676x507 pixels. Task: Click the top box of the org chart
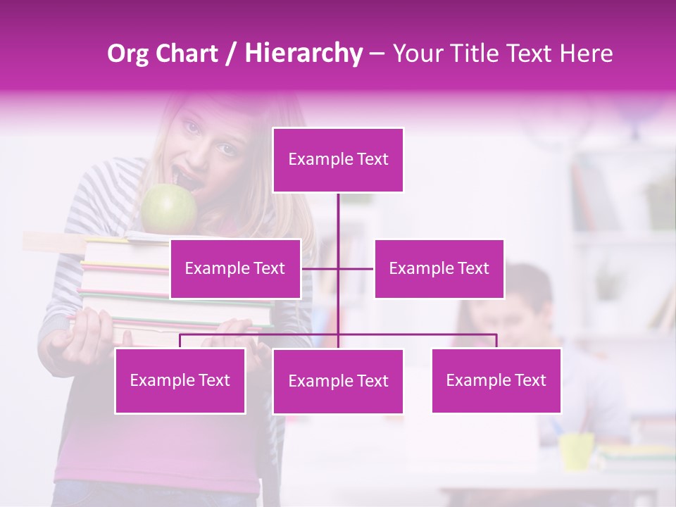point(338,160)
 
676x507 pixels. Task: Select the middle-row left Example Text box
point(235,268)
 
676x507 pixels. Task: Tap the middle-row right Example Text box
point(439,268)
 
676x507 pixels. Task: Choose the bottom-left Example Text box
point(180,380)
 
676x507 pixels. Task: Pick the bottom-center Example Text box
point(338,382)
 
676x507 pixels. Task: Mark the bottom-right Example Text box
point(496,380)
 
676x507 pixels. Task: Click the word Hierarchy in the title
point(303,53)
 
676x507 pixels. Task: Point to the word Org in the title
point(127,53)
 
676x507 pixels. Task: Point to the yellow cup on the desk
point(576,451)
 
